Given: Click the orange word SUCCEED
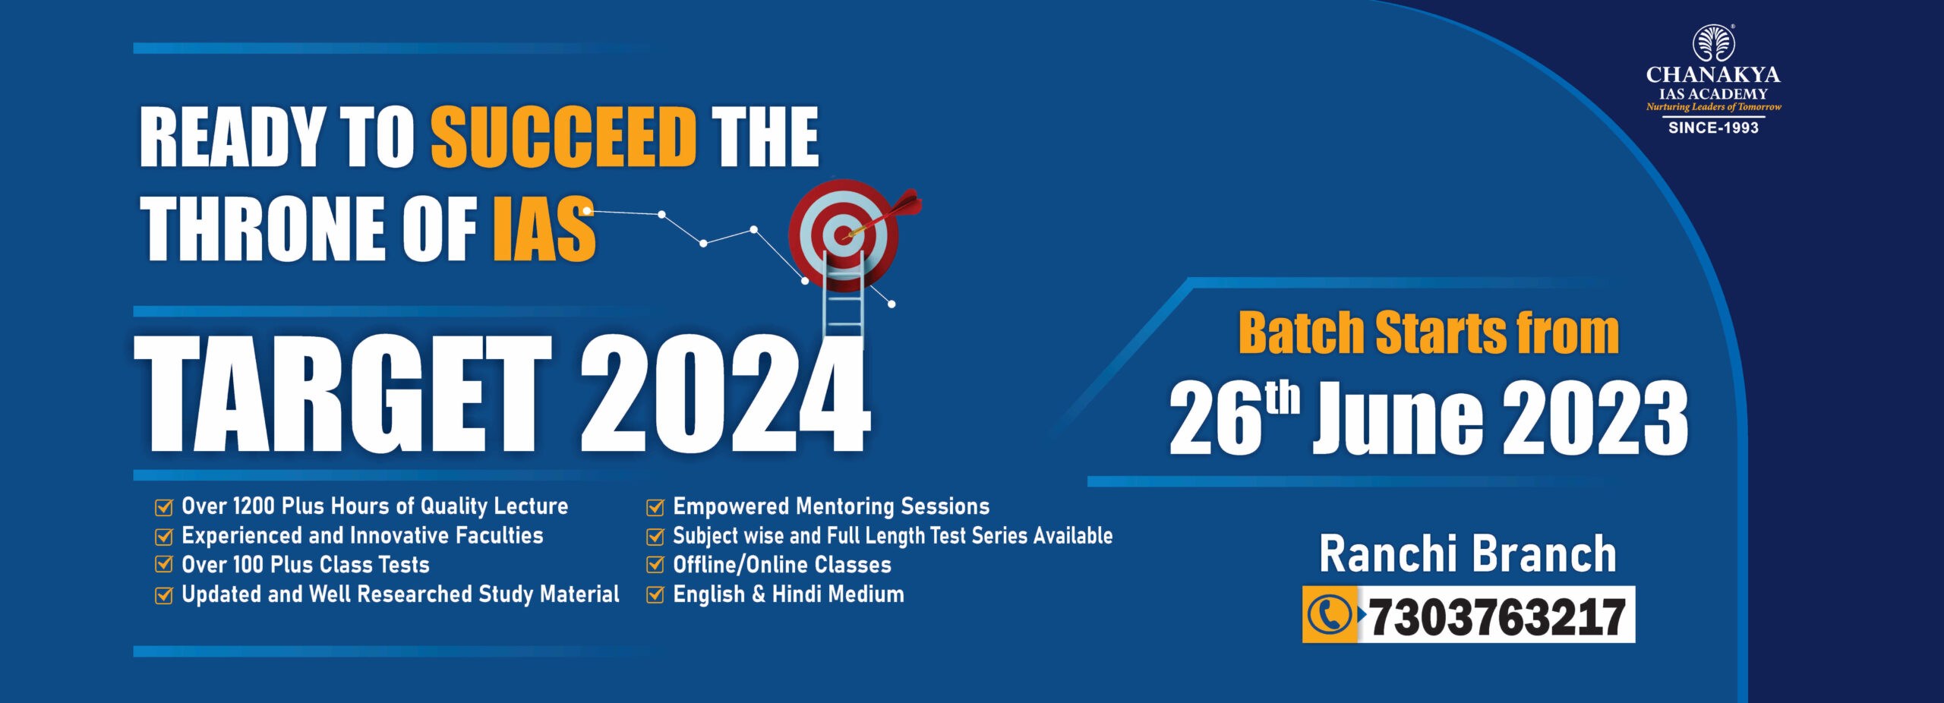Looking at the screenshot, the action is [x=563, y=137].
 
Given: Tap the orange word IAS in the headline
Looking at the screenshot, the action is [x=544, y=229].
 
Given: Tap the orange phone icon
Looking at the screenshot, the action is [x=1330, y=614].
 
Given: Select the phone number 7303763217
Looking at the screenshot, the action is [x=1496, y=616].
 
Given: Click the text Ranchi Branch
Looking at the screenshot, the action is [x=1468, y=553].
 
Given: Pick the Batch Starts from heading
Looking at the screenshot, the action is [x=1428, y=333].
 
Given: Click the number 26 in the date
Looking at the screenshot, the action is [x=1214, y=418].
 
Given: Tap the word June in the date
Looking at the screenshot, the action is [x=1398, y=418].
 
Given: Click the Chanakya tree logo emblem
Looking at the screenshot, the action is [x=1714, y=44].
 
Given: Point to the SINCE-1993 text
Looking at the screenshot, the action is [x=1713, y=128].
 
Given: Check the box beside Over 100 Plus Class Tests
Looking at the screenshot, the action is [x=164, y=564].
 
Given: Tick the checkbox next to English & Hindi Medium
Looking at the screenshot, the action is [x=655, y=594].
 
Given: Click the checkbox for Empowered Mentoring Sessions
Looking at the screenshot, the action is [x=655, y=506].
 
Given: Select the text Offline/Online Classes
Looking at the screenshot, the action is [x=782, y=565].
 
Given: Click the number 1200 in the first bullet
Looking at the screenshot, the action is [x=254, y=506].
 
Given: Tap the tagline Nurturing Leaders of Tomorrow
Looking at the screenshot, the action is [x=1714, y=107].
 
